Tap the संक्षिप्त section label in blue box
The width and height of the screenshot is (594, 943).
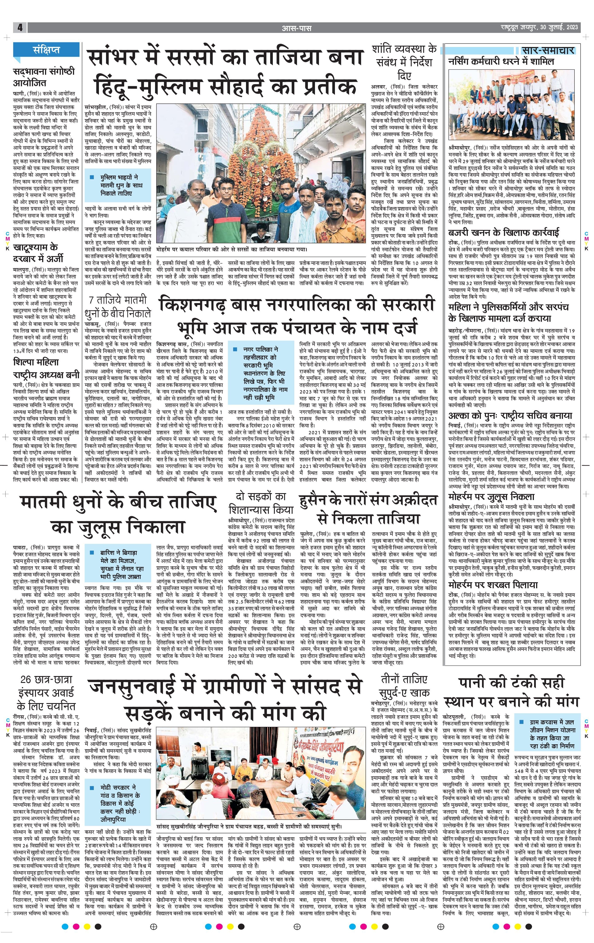point(46,50)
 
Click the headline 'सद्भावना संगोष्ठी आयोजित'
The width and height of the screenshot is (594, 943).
point(43,77)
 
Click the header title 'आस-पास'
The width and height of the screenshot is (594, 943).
point(297,28)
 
